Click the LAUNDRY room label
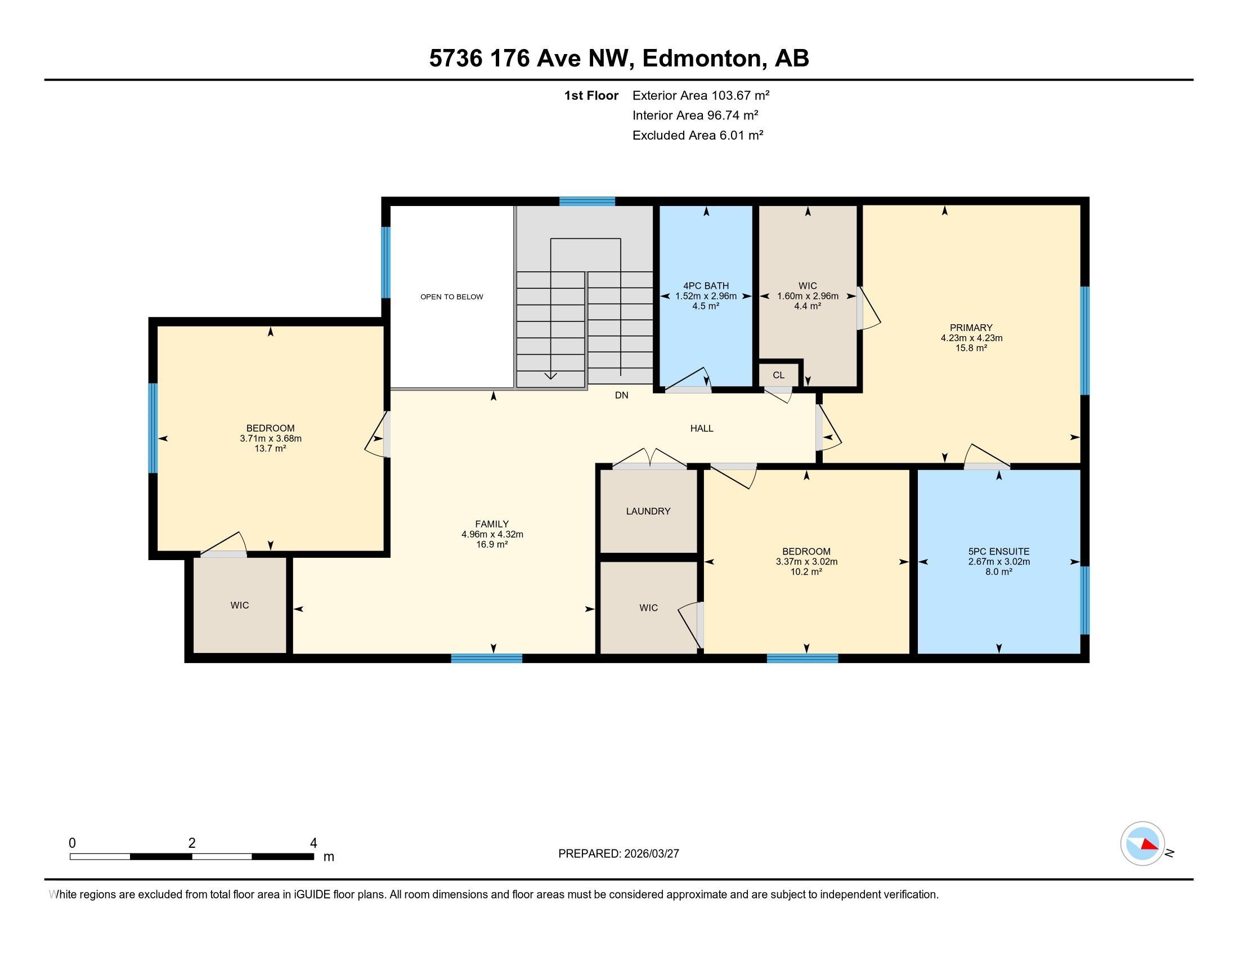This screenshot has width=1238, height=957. (x=648, y=511)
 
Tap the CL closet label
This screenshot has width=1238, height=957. (x=778, y=375)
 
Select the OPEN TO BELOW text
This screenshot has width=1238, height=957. (x=452, y=297)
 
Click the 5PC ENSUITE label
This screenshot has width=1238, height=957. (x=999, y=551)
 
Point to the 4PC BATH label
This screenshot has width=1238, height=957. (x=706, y=286)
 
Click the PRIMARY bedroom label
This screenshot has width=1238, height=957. (x=971, y=327)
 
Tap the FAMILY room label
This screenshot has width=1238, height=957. (x=492, y=524)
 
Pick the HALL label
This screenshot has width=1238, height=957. (x=702, y=428)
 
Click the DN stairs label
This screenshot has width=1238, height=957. (x=621, y=395)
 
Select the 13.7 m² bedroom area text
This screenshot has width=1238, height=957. (x=270, y=449)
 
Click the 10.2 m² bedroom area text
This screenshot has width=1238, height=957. (x=806, y=571)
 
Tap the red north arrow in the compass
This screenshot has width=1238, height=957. (x=1149, y=845)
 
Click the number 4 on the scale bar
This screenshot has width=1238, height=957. (x=313, y=843)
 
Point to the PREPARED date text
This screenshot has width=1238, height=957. (x=618, y=853)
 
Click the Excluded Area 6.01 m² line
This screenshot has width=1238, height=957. (x=698, y=135)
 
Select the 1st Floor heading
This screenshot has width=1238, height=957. (x=591, y=95)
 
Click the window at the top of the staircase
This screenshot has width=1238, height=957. (x=587, y=201)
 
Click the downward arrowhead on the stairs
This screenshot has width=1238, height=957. (x=550, y=376)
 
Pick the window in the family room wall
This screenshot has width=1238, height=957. (x=486, y=658)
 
